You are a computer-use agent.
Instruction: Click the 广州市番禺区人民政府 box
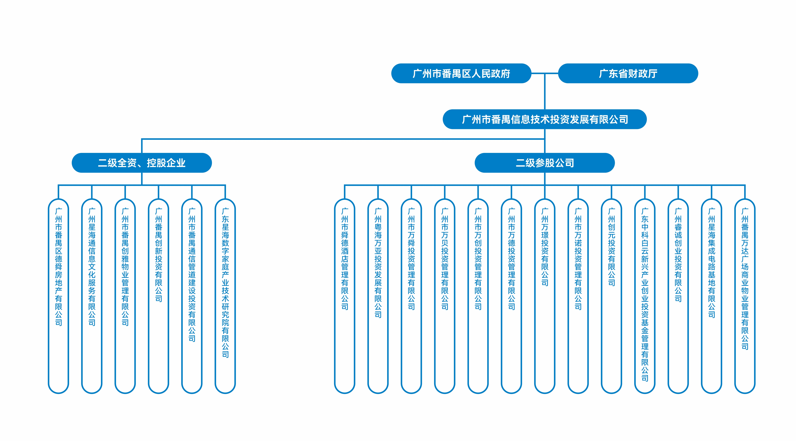461,73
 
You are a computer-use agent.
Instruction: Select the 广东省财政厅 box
628,73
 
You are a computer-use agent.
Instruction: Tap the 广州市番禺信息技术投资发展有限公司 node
545,119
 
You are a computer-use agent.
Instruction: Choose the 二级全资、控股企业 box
141,163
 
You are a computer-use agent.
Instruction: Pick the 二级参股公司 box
545,163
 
